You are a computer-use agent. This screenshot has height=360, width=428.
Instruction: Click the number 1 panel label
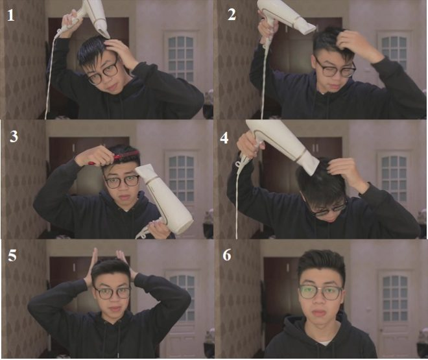(10, 16)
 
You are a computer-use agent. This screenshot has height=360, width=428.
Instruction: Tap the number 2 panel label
(232, 15)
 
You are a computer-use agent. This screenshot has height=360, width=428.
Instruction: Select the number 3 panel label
(14, 136)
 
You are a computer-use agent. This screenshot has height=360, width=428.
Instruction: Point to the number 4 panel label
(224, 138)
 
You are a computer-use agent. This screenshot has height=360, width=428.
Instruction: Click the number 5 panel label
(12, 256)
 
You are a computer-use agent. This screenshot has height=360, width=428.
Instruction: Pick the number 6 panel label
(227, 256)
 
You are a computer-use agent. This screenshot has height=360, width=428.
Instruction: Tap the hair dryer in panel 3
(164, 200)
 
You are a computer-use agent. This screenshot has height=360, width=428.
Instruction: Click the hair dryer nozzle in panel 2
(307, 27)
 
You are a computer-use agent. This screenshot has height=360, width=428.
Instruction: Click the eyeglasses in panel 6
(320, 293)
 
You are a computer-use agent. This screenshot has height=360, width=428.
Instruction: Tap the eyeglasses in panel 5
(112, 293)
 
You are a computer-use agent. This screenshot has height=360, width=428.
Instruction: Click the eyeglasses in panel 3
(122, 182)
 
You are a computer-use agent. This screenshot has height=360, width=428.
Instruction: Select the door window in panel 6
(395, 298)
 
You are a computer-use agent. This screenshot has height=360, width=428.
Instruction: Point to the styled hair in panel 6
(321, 264)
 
